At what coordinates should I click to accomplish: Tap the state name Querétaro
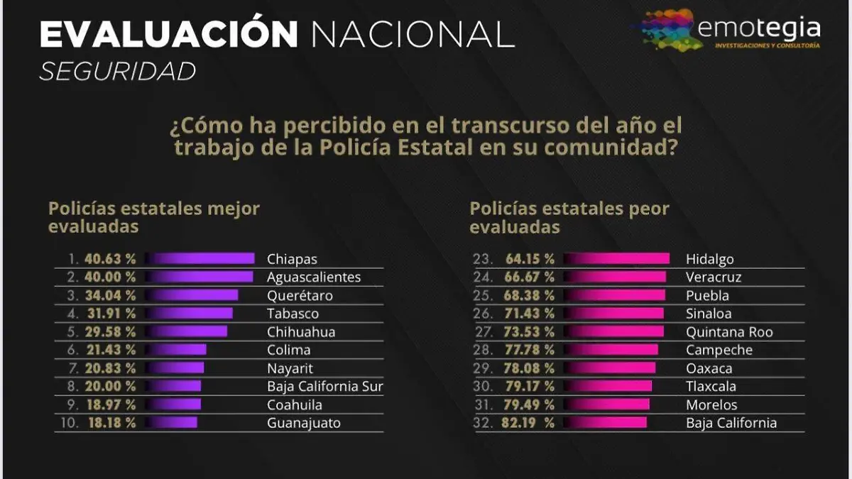point(300,295)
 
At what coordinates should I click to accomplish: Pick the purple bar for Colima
point(177,350)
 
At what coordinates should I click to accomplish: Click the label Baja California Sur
point(325,387)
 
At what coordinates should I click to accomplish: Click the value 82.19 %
point(530,423)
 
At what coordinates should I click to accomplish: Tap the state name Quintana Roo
point(729,331)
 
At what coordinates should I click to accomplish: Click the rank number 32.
point(483,423)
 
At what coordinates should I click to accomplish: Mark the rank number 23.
point(483,259)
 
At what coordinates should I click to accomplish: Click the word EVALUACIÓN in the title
point(169,34)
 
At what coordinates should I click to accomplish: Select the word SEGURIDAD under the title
point(117,72)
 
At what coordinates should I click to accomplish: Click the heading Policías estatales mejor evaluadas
point(153,217)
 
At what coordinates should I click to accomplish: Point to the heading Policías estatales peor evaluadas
point(569,217)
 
